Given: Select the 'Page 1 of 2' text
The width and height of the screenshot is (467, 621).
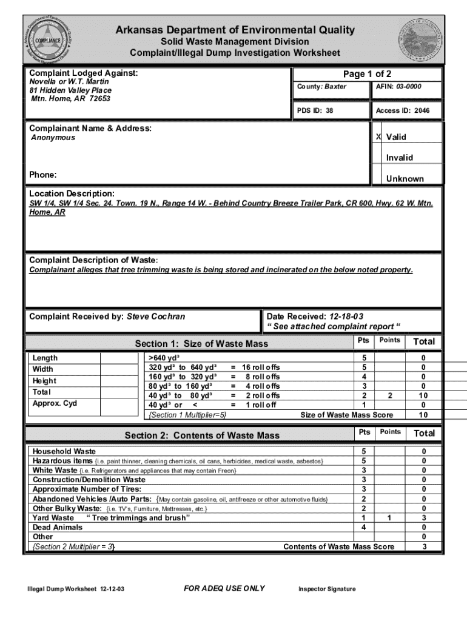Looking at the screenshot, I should pos(367,74).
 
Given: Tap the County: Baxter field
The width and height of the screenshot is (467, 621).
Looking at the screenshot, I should pos(321,87).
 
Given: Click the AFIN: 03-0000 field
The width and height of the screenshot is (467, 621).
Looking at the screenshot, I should pos(398,87).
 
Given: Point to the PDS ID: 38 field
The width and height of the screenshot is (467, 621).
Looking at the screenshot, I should pos(315,111).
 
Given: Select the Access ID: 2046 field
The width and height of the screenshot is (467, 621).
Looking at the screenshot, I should pos(402,111).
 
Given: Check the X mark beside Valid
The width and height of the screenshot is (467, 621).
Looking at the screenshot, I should pos(378,137).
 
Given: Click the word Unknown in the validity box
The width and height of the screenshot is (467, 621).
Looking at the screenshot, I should pos(405,179).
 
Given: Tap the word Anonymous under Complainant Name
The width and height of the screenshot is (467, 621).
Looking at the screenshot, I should pos(53,138).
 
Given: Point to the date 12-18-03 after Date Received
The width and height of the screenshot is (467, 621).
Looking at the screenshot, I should pos(346,317).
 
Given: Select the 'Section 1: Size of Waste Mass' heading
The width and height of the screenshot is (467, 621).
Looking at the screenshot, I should pos(201,344).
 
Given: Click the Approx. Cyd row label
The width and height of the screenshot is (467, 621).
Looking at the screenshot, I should pos(55,403).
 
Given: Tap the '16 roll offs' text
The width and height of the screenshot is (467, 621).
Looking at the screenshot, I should pos(261,367).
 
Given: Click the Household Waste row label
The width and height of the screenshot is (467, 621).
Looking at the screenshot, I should pos(64,451).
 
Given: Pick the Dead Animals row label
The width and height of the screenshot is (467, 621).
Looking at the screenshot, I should pos(58,527).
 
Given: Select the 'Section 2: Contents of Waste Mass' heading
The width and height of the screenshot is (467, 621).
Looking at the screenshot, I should pos(202,435).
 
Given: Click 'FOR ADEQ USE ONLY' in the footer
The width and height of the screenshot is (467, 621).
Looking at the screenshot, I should pos(224,588).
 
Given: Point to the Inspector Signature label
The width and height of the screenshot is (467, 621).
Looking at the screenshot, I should pos(327,589).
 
